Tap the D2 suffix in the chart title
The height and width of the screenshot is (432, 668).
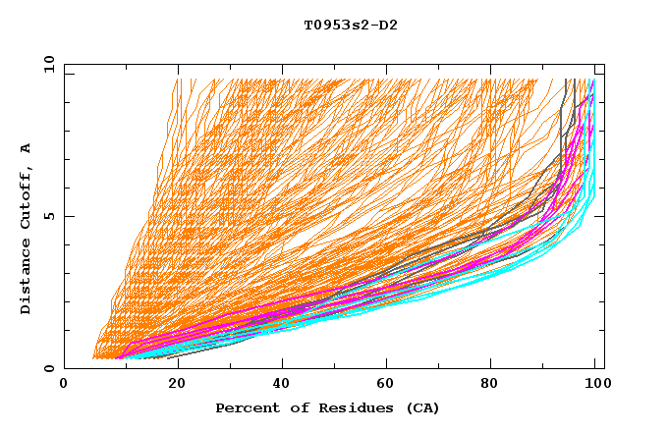[387, 25]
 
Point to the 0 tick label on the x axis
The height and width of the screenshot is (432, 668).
[64, 384]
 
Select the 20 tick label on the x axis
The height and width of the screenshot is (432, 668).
[177, 384]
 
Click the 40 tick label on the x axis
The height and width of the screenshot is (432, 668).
[283, 384]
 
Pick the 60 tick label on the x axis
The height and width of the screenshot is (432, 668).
[389, 384]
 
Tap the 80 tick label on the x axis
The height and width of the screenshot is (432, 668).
[495, 384]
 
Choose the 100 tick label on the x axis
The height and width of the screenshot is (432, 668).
[594, 384]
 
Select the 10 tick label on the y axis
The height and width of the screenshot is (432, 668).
[46, 64]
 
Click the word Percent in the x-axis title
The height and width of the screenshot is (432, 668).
[243, 407]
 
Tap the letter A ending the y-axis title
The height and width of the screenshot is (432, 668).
[27, 148]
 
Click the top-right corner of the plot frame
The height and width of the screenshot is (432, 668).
[604, 64]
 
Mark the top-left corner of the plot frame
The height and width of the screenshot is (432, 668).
[64, 64]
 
